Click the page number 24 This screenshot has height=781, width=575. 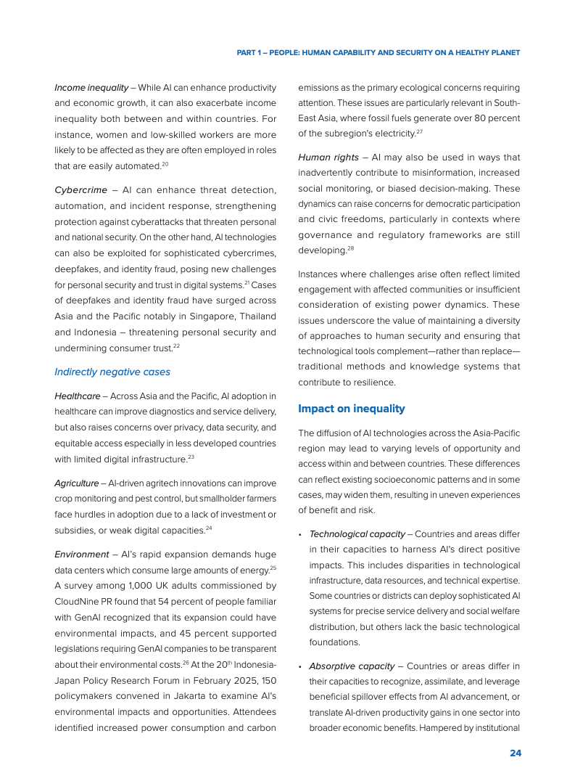[515, 753]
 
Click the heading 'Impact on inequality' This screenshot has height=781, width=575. [351, 409]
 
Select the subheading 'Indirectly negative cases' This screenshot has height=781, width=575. [112, 372]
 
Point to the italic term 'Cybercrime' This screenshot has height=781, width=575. [80, 189]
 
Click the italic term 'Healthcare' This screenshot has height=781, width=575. [78, 396]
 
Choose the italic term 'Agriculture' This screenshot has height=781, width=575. [77, 483]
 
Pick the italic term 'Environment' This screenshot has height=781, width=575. [80, 554]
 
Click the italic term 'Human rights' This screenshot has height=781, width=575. [328, 157]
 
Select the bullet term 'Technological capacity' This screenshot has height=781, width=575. [357, 533]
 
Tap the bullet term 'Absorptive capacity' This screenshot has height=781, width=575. [352, 666]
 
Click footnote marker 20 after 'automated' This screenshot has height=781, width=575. [165, 165]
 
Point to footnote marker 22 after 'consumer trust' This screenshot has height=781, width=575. [176, 346]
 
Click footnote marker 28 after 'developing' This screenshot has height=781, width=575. [350, 248]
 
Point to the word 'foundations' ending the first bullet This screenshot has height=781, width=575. [335, 642]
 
